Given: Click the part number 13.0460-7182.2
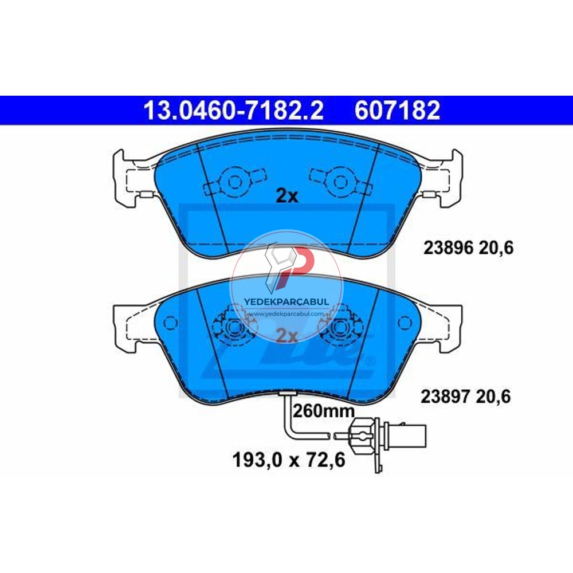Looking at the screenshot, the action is point(234,111).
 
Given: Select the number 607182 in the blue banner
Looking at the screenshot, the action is point(397,111).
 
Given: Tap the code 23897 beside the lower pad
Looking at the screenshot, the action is point(445,397).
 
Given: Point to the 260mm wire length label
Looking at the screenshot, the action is point(324,411).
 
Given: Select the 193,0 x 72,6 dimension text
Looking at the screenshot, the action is point(289,460).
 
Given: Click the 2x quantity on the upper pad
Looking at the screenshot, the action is point(287,197).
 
